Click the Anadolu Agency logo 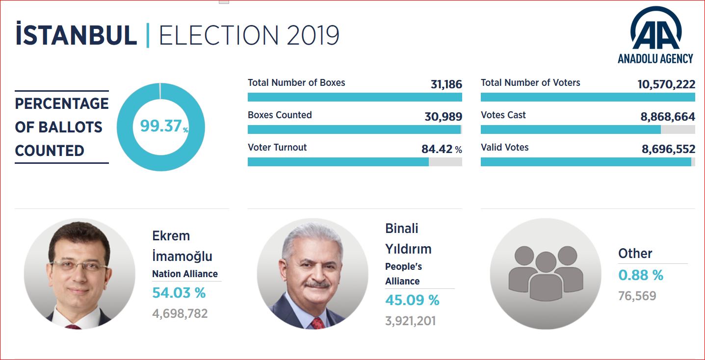point(655,35)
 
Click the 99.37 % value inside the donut point(162,127)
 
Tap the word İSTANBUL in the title point(76,35)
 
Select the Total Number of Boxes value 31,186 point(446,84)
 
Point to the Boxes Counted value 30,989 point(443,117)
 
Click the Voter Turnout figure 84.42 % point(441,149)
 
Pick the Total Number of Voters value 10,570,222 point(666,84)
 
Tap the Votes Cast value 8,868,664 point(667,117)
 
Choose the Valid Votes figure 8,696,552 point(668,149)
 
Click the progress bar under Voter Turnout point(355,162)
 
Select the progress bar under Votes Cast point(588,129)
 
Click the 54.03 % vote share point(179,293)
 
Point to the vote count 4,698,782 point(180,313)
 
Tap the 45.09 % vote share point(412,300)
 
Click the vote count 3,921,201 point(410,321)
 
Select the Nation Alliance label point(185,274)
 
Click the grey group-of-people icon point(546,273)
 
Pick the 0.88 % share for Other point(640,276)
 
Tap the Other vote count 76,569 point(637,296)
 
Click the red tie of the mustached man point(318,322)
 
